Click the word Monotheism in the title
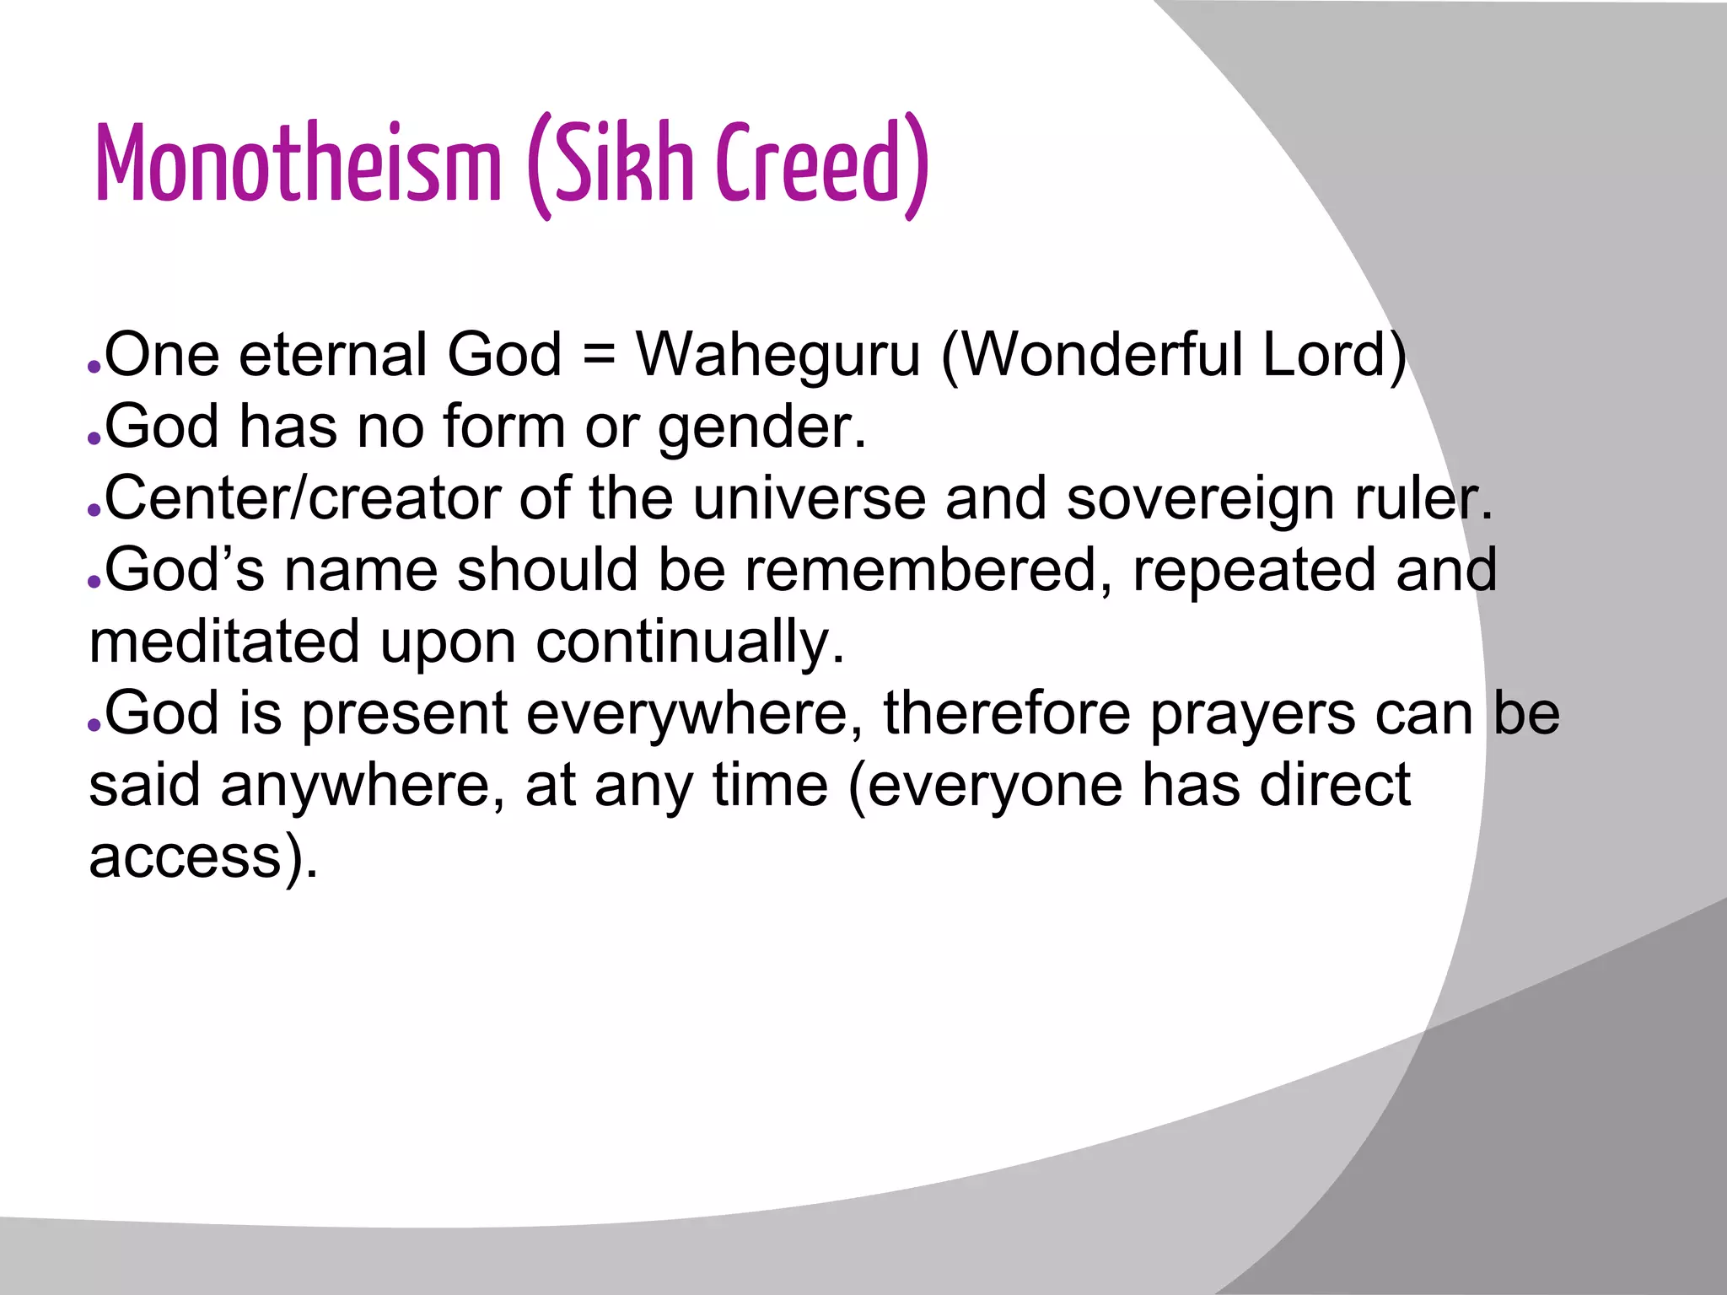[299, 164]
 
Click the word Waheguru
[777, 355]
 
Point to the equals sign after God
[599, 355]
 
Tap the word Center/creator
[303, 499]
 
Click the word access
[186, 857]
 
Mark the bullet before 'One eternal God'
[94, 368]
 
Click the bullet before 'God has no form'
[94, 439]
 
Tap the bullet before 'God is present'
[94, 726]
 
